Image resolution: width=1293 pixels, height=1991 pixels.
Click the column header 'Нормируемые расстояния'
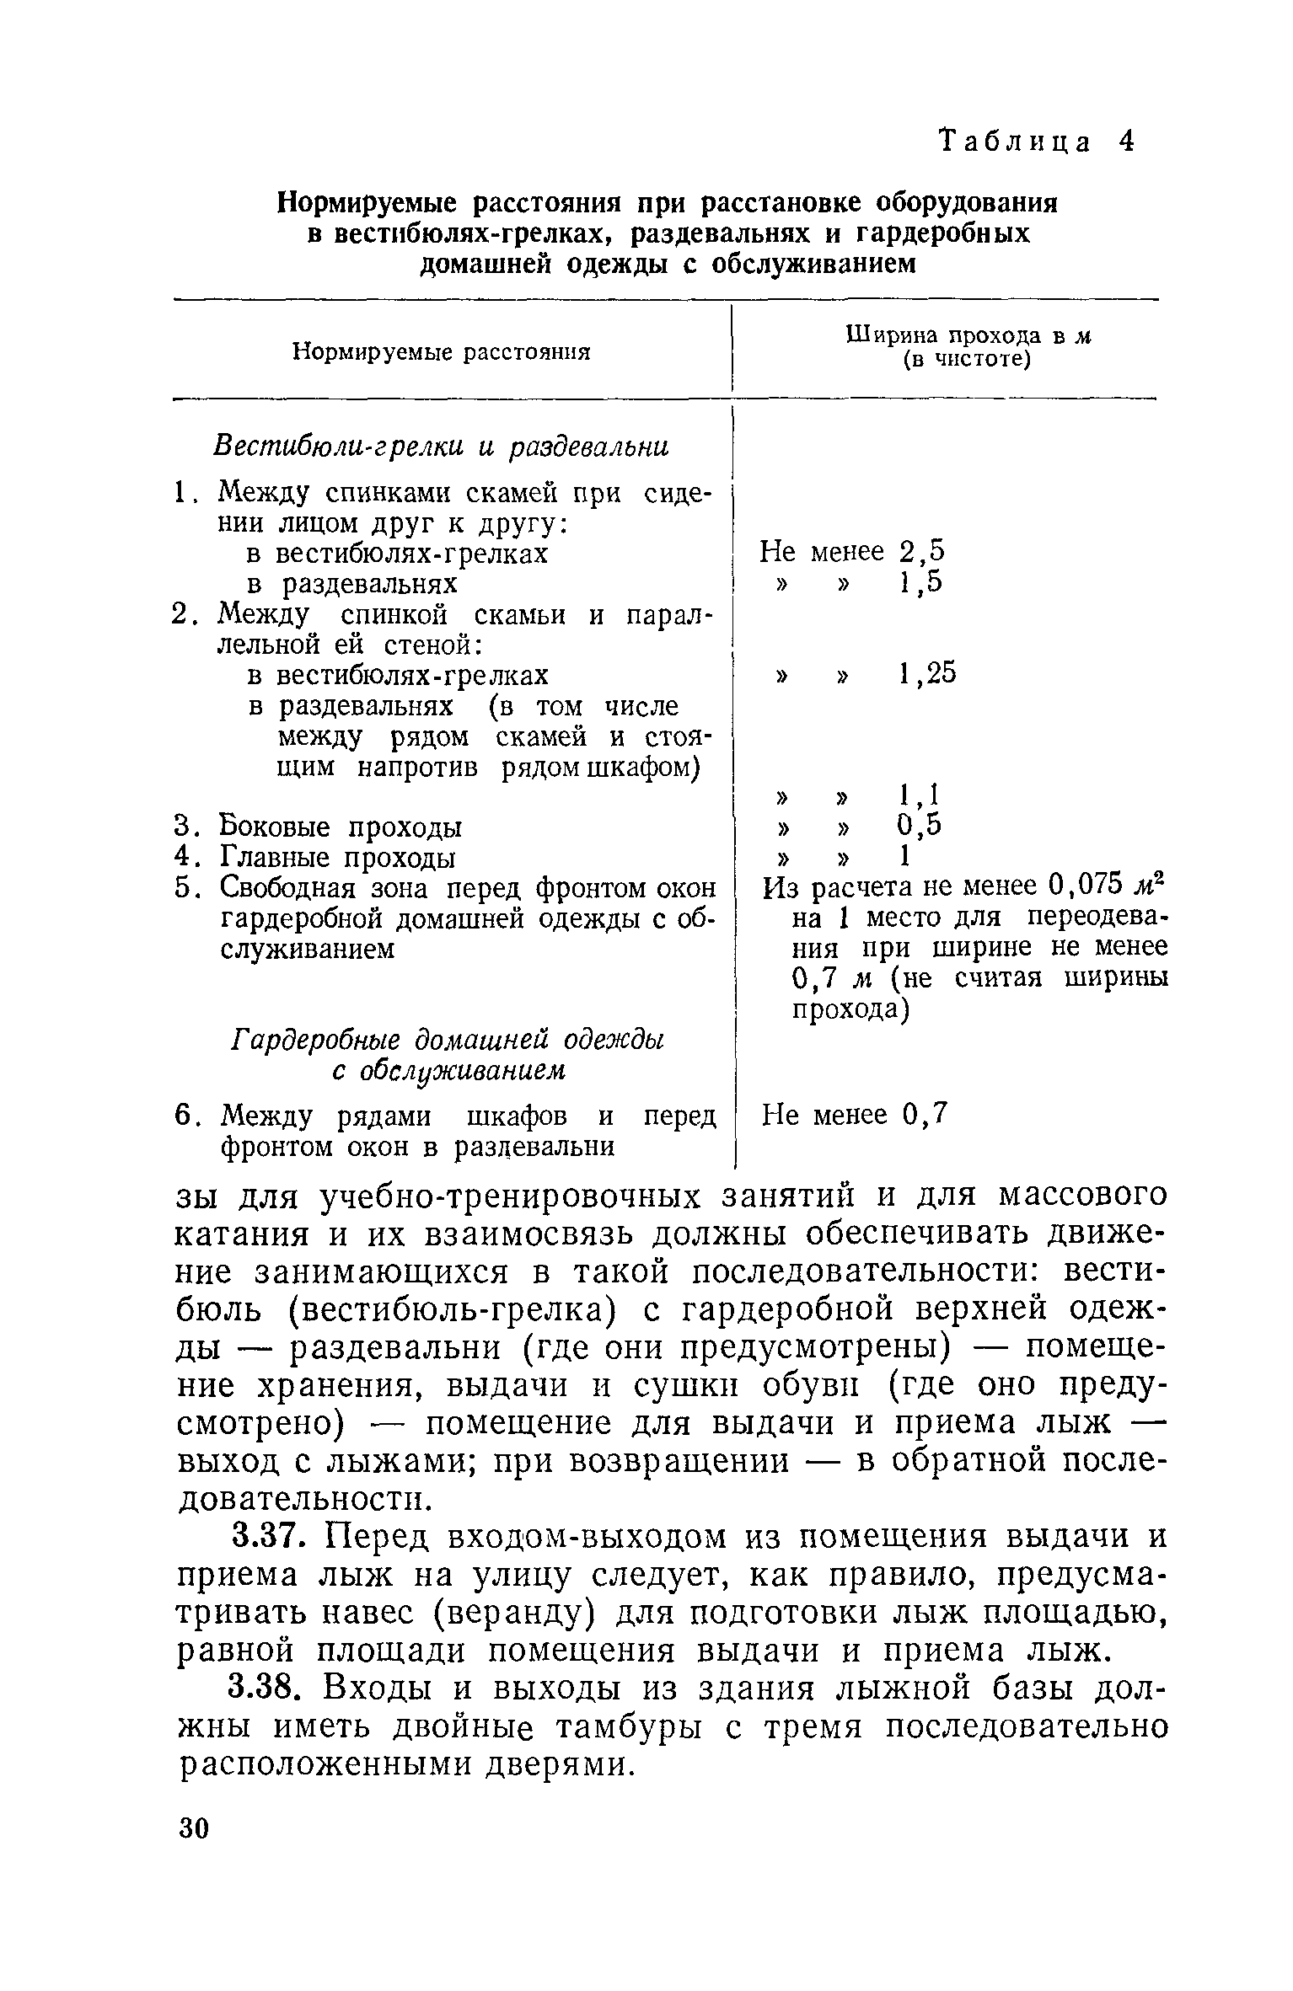441,351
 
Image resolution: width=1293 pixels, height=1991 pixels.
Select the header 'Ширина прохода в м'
968,336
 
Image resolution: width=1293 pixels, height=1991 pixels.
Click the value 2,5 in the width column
923,552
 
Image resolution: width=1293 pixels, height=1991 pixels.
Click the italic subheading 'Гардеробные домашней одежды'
448,1040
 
